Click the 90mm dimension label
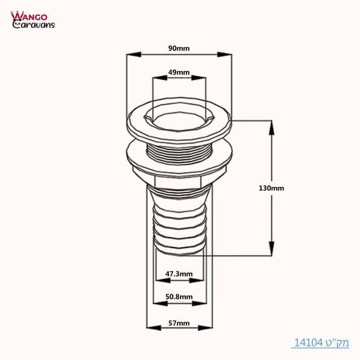[x=179, y=49]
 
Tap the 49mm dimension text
[x=179, y=72]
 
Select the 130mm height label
[x=271, y=188]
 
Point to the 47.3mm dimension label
[x=179, y=273]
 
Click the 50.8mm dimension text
[x=179, y=297]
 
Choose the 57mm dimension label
[x=179, y=323]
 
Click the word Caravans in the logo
[x=34, y=24]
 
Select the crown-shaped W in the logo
[x=16, y=16]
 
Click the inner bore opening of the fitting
[x=179, y=121]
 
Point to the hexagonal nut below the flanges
[x=179, y=180]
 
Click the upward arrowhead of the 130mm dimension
[x=271, y=128]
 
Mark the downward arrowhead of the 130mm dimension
[x=271, y=248]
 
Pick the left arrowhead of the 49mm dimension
[x=159, y=77]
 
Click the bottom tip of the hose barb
[x=179, y=253]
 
